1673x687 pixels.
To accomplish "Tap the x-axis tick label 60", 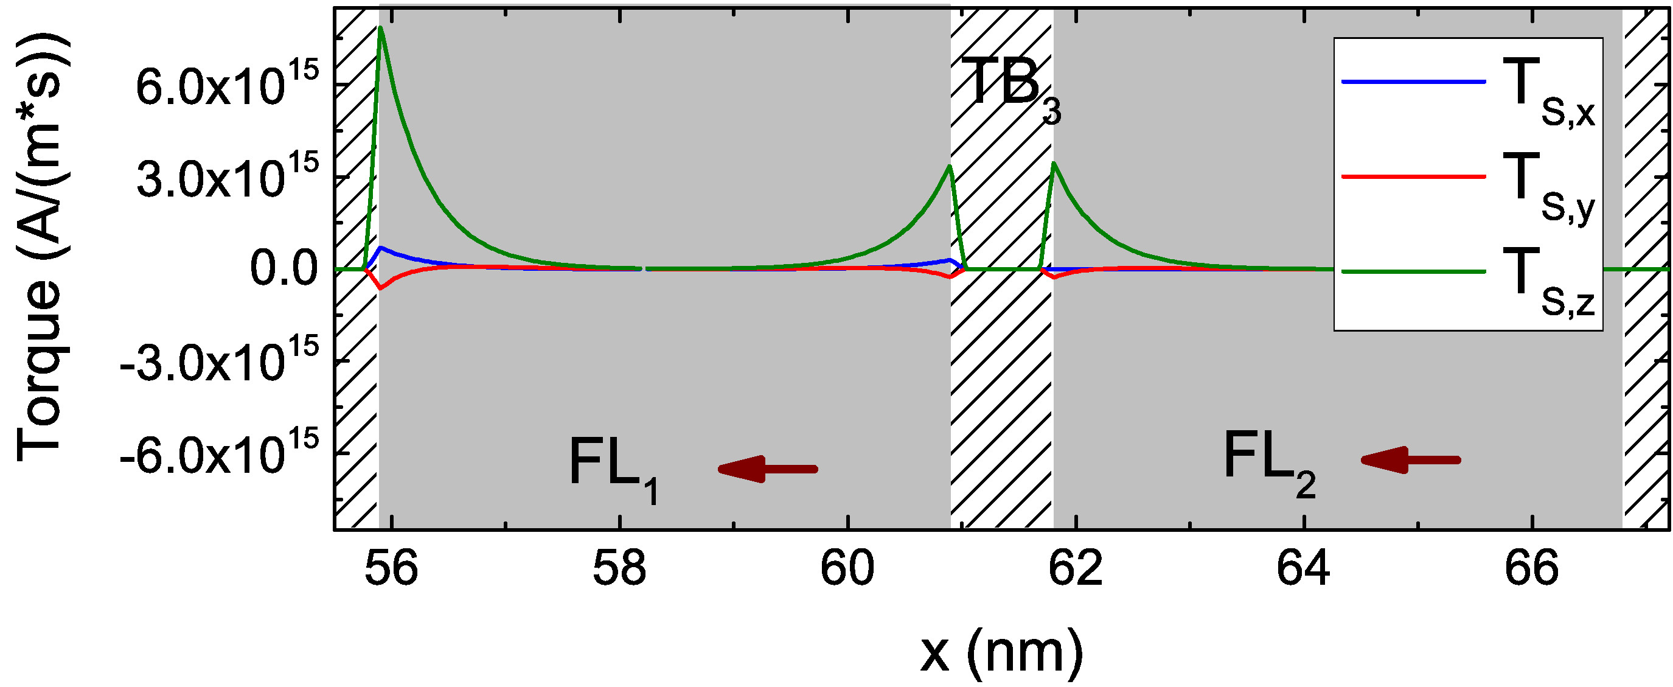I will pyautogui.click(x=847, y=568).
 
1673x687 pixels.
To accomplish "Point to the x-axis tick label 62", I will pyautogui.click(x=1076, y=568).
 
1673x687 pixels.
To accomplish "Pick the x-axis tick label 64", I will pyautogui.click(x=1304, y=568).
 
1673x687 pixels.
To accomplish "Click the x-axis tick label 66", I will pyautogui.click(x=1532, y=568).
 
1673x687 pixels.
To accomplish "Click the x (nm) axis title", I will pyautogui.click(x=1001, y=652).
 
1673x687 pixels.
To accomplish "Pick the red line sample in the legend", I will pyautogui.click(x=1413, y=176).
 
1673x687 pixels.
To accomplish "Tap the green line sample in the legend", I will pyautogui.click(x=1413, y=271).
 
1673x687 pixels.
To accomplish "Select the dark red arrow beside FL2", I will pyautogui.click(x=1410, y=461).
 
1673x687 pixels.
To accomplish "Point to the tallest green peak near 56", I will pyautogui.click(x=381, y=29).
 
